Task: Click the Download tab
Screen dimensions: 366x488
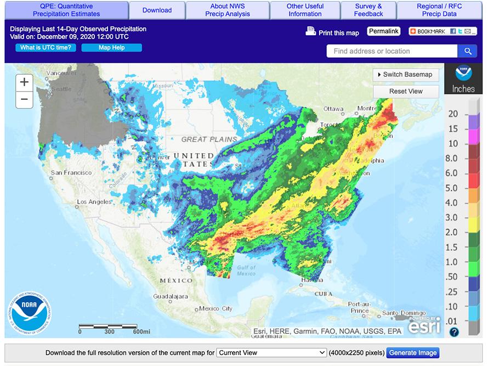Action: [157, 10]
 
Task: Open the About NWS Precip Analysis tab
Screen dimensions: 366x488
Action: [227, 10]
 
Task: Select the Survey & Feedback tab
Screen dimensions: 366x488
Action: [368, 10]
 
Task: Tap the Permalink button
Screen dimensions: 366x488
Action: [384, 31]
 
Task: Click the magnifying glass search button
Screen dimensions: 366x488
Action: [467, 51]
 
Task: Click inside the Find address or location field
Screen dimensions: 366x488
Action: [391, 51]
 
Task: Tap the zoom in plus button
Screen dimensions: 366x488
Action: [24, 82]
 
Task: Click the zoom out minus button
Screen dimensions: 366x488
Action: [24, 99]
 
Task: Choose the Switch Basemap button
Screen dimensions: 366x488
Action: [406, 75]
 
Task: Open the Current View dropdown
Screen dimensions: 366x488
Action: [271, 353]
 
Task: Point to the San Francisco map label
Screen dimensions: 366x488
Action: [71, 172]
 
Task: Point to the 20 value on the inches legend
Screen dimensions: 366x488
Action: [453, 114]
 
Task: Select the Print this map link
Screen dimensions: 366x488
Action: [332, 32]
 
